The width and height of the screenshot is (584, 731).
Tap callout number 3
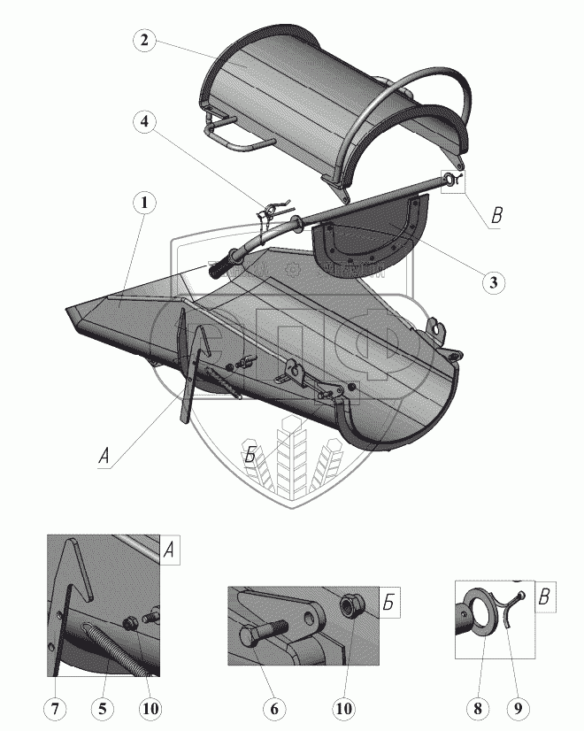(x=494, y=282)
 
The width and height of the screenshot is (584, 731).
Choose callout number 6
(x=273, y=708)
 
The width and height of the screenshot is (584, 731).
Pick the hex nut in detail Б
(x=349, y=607)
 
